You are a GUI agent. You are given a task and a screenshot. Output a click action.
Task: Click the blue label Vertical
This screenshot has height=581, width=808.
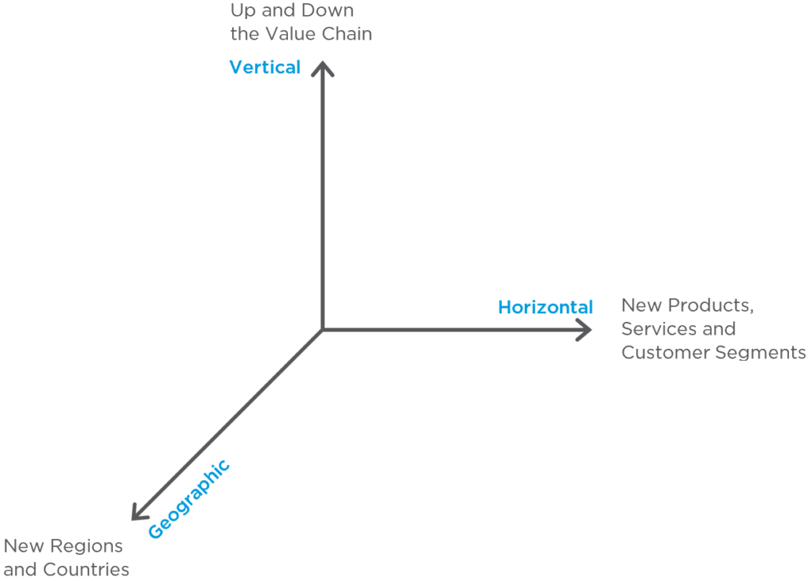click(x=265, y=68)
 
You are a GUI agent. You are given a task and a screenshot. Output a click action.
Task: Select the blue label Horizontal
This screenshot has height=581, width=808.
click(x=545, y=307)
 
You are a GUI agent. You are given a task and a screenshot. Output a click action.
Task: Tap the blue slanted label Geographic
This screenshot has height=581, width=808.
click(x=189, y=499)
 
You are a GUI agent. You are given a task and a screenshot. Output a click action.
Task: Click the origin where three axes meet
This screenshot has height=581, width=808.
click(x=323, y=329)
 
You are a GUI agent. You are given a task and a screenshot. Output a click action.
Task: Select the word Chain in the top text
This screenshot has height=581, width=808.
click(x=347, y=34)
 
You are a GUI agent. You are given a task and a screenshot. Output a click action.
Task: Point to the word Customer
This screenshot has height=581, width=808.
click(x=665, y=353)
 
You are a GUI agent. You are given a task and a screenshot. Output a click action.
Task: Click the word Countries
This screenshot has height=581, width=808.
click(x=86, y=570)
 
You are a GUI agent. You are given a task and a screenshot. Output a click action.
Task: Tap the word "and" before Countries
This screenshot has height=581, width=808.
click(x=21, y=570)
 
